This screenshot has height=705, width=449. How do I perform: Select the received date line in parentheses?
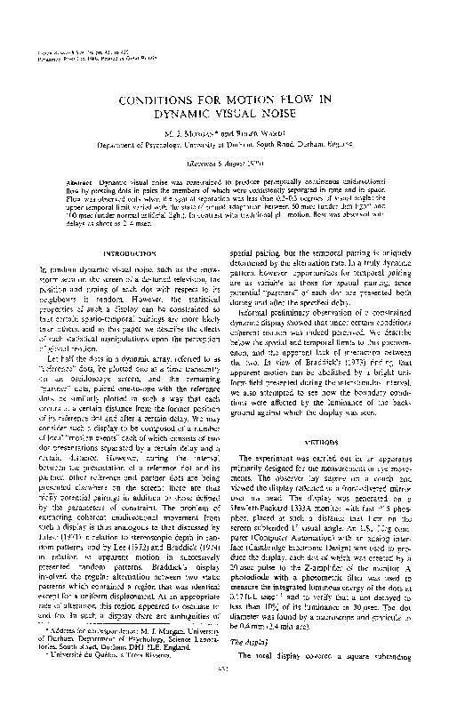(x=225, y=164)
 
